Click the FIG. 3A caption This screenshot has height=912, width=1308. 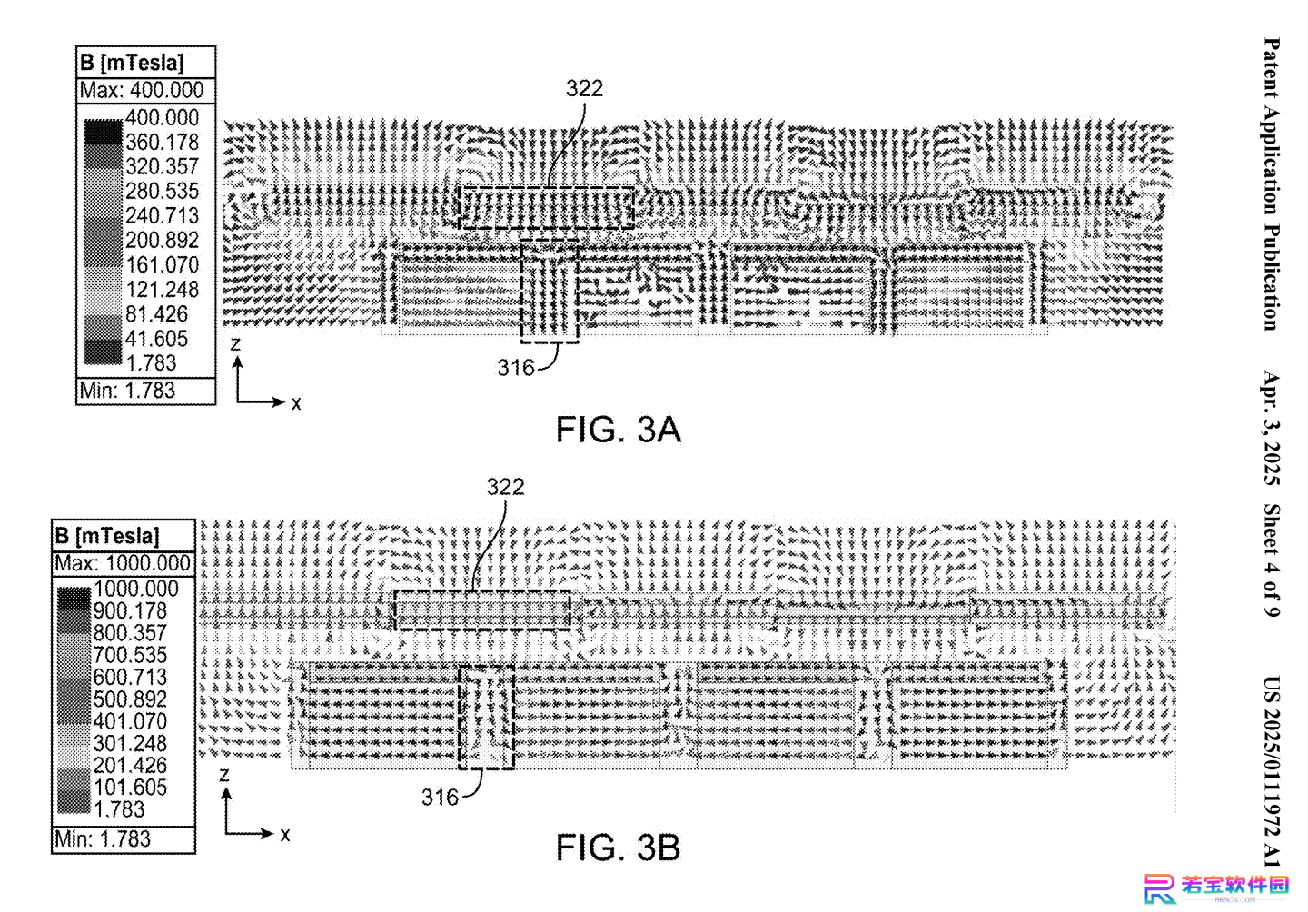618,430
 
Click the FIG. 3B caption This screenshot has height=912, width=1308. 618,848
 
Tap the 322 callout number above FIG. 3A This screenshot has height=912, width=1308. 584,89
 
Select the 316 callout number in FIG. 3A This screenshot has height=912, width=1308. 516,368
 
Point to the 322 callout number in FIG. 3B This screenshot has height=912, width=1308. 506,487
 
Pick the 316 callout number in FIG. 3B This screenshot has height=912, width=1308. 441,798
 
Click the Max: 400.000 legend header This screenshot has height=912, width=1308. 142,91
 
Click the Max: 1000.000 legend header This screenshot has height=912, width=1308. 123,563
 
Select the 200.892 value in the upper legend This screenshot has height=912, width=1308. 163,240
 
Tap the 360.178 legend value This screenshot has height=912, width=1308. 163,142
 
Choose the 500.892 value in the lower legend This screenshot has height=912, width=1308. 130,699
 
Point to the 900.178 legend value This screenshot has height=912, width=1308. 130,611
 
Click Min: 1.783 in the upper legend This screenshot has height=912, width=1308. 127,390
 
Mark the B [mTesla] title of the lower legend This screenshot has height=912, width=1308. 107,536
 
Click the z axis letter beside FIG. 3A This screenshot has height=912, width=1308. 235,344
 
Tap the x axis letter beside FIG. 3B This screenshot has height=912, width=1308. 285,835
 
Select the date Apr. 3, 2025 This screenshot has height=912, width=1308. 1272,428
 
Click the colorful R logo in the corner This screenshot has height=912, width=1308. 1160,888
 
